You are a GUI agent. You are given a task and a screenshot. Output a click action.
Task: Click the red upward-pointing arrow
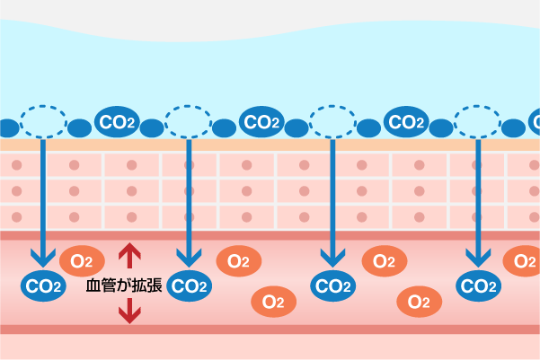(131, 257)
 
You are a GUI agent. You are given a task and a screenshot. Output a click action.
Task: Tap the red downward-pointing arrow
(131, 311)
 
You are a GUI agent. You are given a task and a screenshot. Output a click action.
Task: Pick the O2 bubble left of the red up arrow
(82, 261)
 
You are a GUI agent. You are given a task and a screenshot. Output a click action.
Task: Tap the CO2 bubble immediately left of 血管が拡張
(44, 286)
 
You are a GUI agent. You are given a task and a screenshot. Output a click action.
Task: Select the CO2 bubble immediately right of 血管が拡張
(189, 286)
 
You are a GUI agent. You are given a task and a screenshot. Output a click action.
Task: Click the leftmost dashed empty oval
(43, 120)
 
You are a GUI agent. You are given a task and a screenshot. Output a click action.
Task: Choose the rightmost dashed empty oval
(477, 120)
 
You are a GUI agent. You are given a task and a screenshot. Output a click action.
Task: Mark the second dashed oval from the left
(188, 120)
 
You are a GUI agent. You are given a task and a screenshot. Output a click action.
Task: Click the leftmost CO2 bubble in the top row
(117, 121)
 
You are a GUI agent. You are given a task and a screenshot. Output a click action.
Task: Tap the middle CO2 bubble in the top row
(261, 121)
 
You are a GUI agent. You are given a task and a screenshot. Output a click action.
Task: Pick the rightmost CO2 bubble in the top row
(406, 121)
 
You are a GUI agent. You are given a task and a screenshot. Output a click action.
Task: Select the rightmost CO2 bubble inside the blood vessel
(478, 286)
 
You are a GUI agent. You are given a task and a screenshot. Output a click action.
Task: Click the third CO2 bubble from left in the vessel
(333, 286)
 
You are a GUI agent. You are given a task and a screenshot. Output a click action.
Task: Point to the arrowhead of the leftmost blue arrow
(43, 259)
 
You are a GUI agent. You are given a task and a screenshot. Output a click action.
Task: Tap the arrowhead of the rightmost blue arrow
(477, 259)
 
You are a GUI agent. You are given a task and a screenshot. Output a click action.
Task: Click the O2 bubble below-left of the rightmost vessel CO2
(420, 301)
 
